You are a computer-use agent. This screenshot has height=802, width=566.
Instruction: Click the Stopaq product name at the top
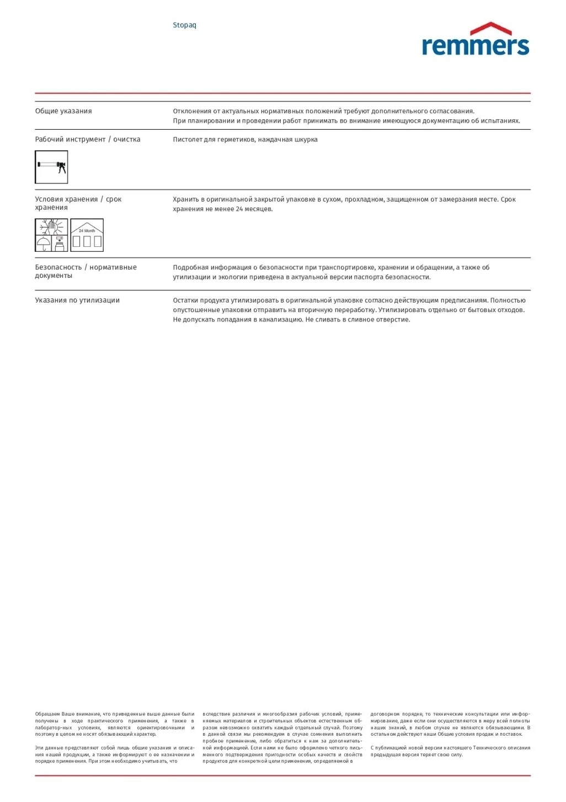pos(184,25)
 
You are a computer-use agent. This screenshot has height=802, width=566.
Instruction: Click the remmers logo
pos(475,45)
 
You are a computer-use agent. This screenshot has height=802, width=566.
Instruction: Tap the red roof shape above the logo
pos(490,28)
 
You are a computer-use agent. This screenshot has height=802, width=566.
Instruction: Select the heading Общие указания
pos(63,111)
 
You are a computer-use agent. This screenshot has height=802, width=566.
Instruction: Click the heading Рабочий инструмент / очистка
pos(88,139)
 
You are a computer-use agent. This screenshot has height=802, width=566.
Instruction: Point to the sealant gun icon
pos(51,167)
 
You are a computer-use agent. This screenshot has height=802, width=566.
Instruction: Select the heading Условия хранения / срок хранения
pos(78,203)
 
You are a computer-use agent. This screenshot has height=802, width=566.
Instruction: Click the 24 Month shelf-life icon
pos(87,235)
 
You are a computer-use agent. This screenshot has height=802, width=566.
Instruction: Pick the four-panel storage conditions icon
pos(51,235)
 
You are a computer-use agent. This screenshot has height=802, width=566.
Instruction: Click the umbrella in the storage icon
pos(43,243)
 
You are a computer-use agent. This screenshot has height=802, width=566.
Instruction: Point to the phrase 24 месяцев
pos(254,209)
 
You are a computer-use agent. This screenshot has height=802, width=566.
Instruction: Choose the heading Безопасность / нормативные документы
pos(86,271)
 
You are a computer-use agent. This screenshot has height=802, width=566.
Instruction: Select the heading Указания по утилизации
pos(77,300)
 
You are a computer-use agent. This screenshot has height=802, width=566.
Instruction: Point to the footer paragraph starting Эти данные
pos(115,754)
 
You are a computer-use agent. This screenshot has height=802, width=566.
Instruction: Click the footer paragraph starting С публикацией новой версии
pos(450,751)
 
